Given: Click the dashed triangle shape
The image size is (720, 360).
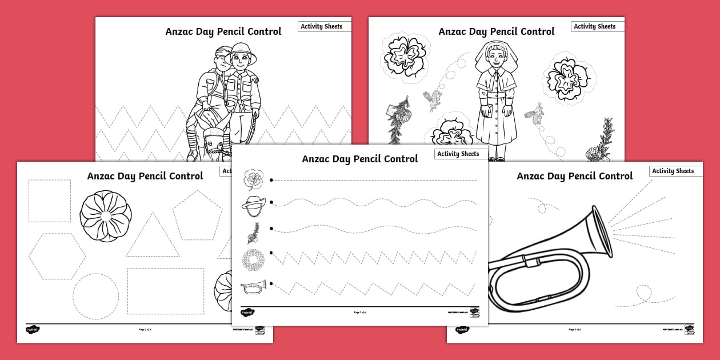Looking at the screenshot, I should (x=153, y=237).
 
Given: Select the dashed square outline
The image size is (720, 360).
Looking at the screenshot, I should (x=50, y=201).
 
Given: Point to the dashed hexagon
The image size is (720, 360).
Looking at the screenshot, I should (x=57, y=257).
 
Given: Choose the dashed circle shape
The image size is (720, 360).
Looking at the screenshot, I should (x=95, y=296).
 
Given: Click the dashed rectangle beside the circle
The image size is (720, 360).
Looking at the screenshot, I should (x=165, y=291).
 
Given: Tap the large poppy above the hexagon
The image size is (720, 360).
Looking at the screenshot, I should (x=106, y=216).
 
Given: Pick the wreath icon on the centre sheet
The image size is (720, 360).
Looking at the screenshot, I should (x=252, y=261).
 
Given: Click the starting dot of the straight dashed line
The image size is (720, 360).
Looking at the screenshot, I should (x=271, y=180).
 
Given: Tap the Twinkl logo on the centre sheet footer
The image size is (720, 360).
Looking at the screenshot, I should (x=247, y=313).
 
